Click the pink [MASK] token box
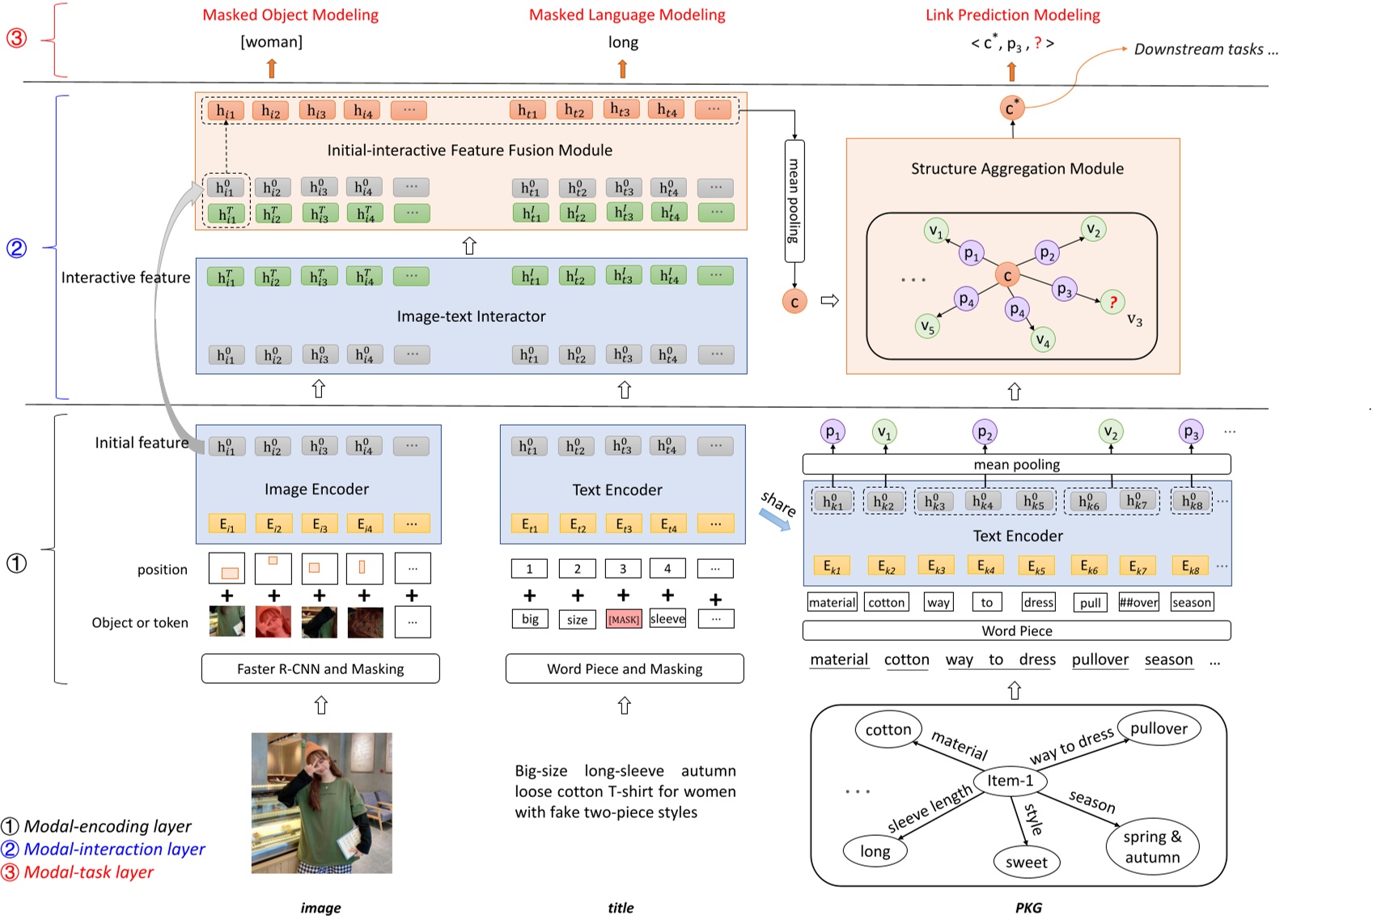[623, 620]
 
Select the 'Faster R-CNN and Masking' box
[320, 669]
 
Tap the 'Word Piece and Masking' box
[625, 669]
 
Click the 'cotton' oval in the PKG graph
[888, 729]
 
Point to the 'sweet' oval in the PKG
[1026, 863]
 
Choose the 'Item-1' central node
[1010, 781]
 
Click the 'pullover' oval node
[1159, 728]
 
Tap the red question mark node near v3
[1112, 302]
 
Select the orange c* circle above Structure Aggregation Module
[1011, 108]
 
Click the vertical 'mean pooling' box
[794, 201]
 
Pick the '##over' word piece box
[1138, 602]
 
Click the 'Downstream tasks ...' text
[1206, 49]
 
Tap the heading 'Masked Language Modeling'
[627, 15]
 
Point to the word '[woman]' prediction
[271, 42]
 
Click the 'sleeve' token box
[667, 619]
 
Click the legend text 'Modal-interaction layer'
[114, 849]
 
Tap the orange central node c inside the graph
[1007, 275]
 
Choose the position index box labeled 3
[623, 569]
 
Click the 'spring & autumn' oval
[1152, 847]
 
